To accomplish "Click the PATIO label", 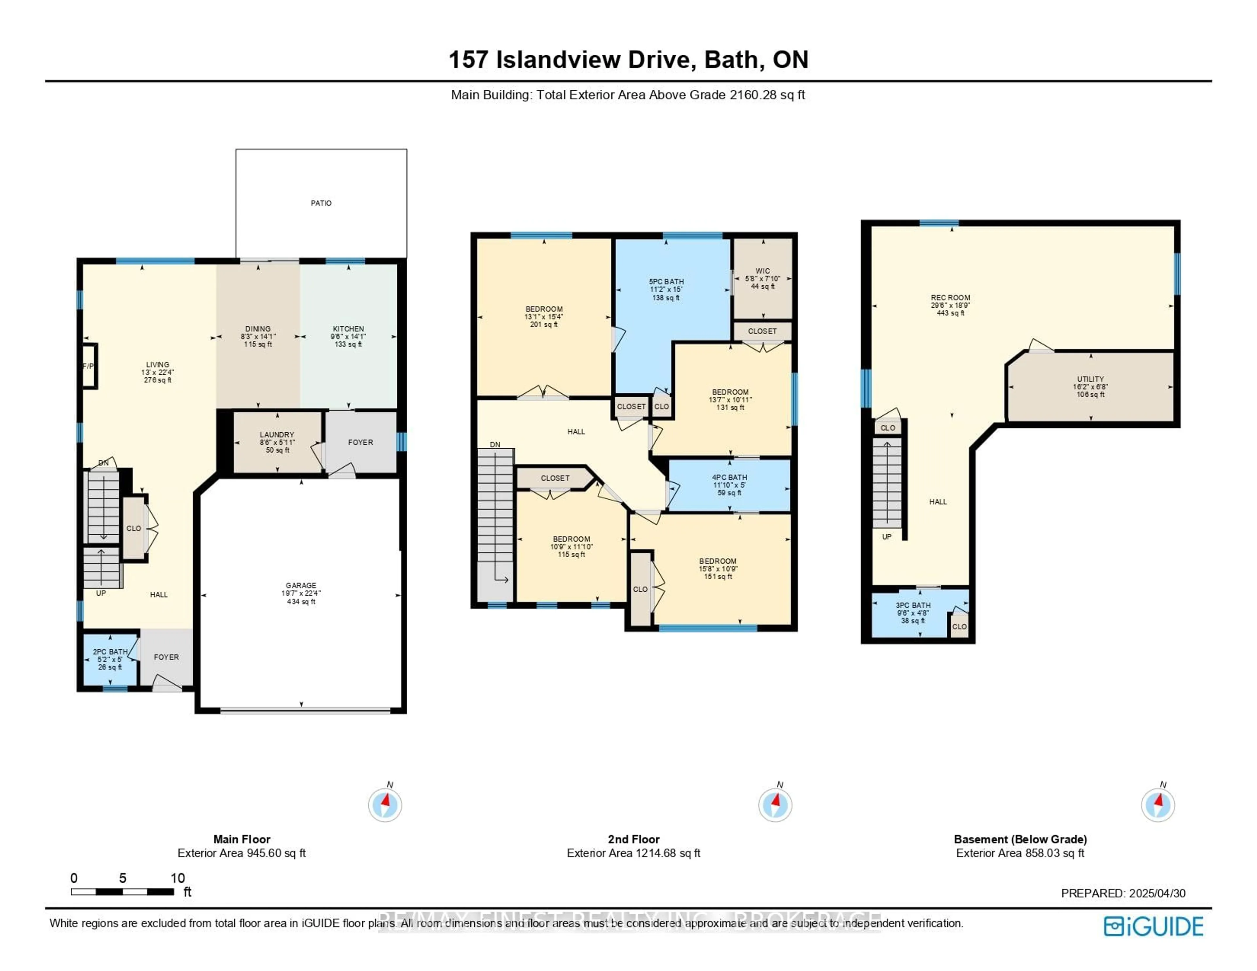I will pyautogui.click(x=320, y=203).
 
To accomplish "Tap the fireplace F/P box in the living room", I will pyautogui.click(x=89, y=366).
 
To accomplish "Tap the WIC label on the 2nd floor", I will pyautogui.click(x=763, y=271).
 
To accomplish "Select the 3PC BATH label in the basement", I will pyautogui.click(x=913, y=605).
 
